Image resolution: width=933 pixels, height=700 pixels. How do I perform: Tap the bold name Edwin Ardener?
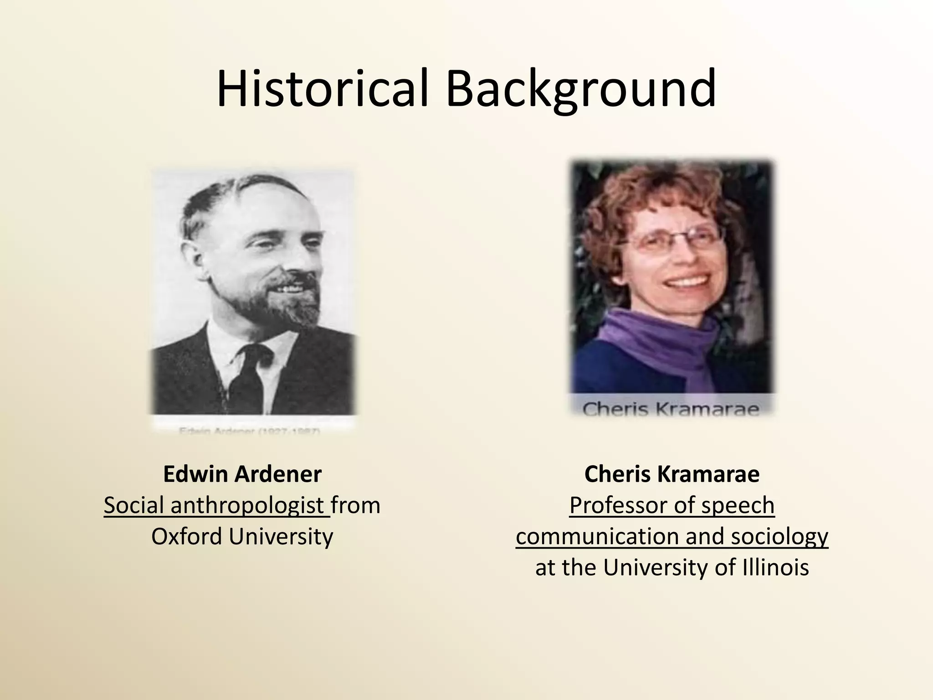coord(242,474)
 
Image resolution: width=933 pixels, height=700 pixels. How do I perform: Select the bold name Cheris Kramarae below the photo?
coord(672,474)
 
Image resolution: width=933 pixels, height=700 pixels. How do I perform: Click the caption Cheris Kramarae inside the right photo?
coord(671,409)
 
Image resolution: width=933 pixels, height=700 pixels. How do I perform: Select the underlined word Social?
coord(134,505)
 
